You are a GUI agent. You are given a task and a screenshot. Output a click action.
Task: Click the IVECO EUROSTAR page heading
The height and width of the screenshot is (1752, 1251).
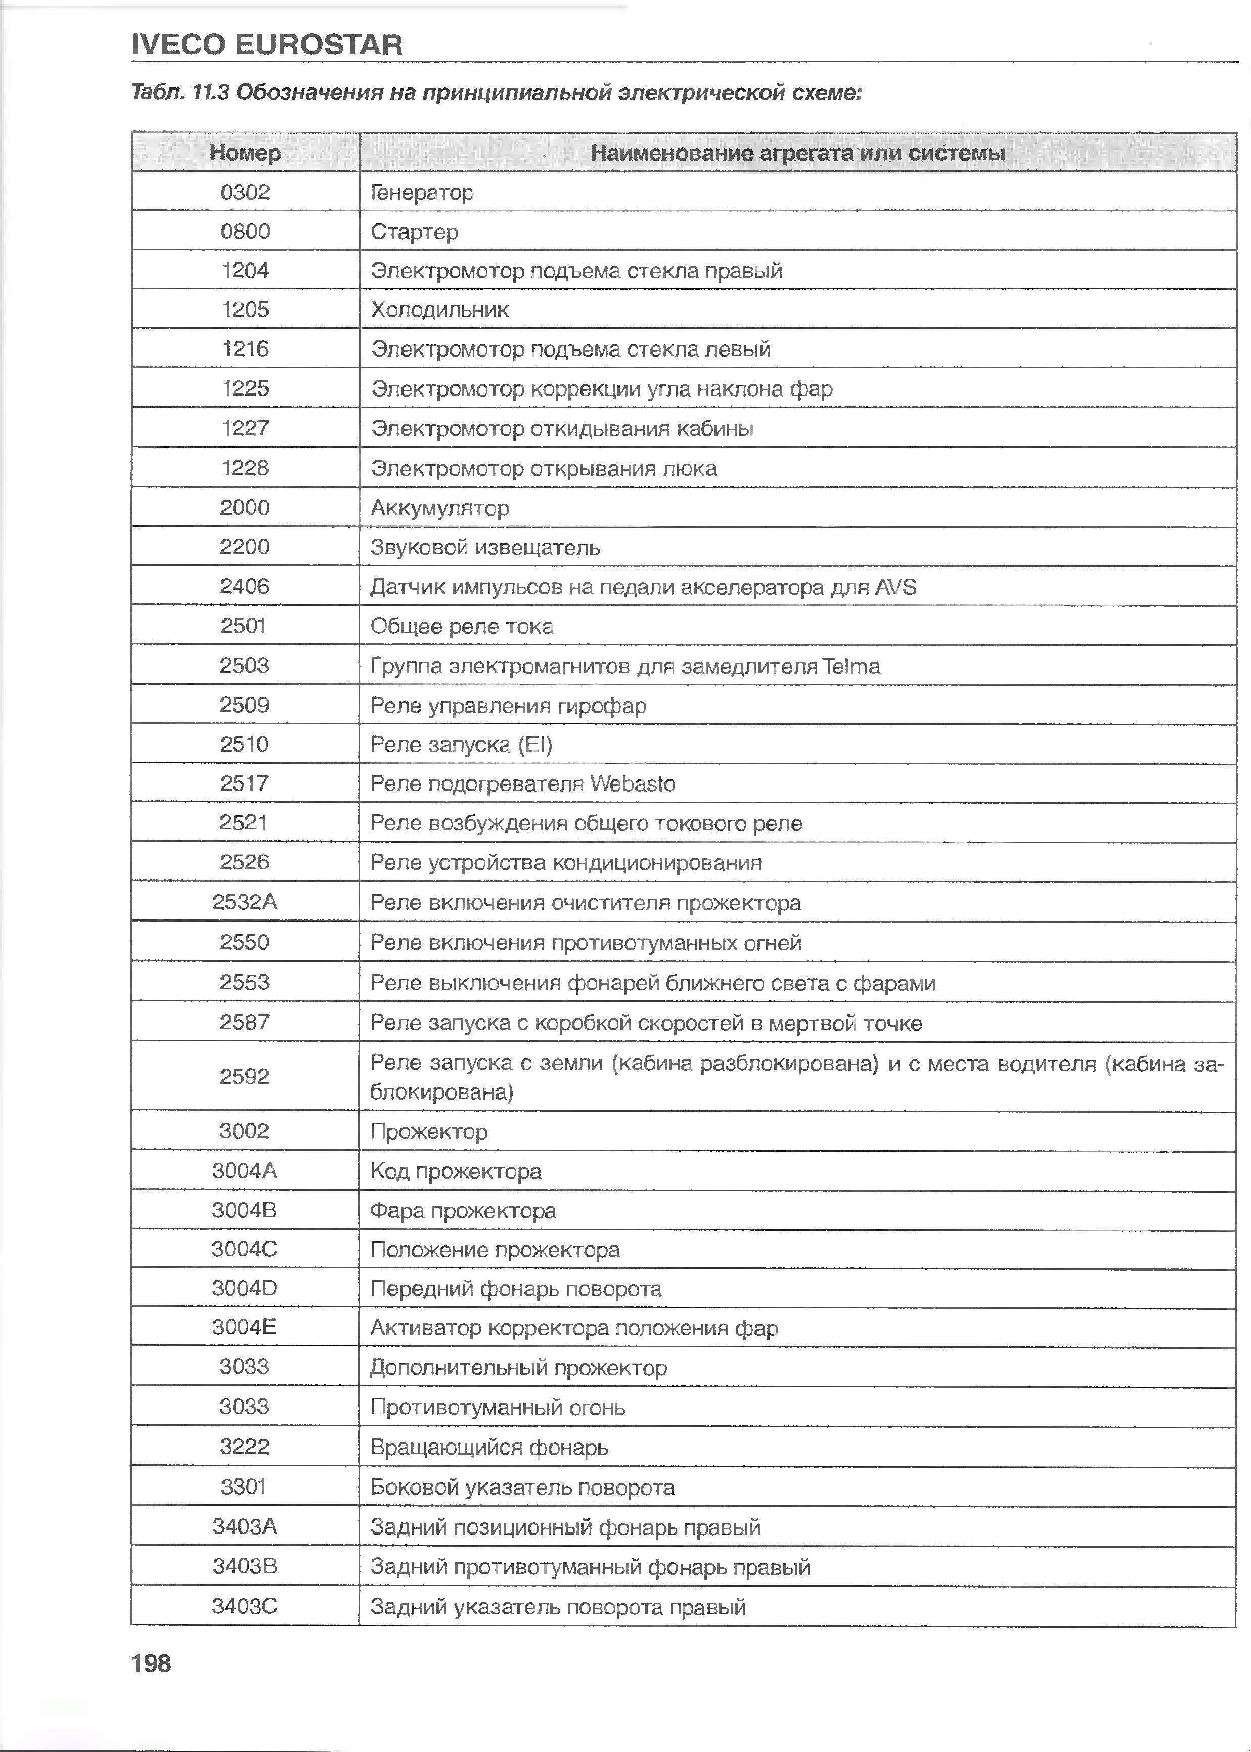(x=266, y=45)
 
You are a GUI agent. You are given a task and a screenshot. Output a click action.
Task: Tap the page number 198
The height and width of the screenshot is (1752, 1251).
(x=151, y=1663)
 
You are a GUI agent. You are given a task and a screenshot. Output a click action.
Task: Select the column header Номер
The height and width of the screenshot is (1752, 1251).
(x=245, y=153)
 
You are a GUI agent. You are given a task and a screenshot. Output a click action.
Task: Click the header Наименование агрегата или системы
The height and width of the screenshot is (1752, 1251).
(x=797, y=153)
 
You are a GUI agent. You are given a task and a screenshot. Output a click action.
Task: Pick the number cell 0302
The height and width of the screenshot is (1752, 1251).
(x=245, y=192)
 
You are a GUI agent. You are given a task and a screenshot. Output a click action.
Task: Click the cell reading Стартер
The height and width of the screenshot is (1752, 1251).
(x=415, y=231)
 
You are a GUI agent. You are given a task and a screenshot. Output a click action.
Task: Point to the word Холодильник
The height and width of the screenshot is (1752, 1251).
(x=439, y=310)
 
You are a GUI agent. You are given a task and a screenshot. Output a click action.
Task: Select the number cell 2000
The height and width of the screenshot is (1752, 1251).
(x=245, y=508)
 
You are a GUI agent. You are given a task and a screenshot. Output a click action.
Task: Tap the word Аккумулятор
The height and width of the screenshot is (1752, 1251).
(x=439, y=508)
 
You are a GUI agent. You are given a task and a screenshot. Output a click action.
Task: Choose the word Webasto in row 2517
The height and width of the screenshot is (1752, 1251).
(x=632, y=783)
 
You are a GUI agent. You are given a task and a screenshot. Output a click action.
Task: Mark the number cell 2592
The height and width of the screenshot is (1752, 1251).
(x=245, y=1076)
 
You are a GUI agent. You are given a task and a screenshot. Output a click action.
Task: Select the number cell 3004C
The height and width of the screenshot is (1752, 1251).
(x=245, y=1249)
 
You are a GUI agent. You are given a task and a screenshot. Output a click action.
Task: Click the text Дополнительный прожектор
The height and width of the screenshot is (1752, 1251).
(x=518, y=1368)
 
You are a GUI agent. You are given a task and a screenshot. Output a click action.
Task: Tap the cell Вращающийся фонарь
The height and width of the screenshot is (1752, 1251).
(x=489, y=1447)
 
